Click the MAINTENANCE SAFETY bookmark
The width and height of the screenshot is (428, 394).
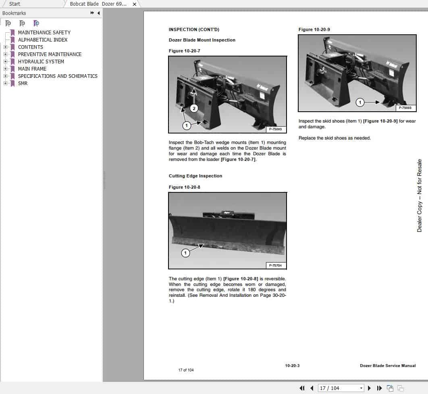pos(44,32)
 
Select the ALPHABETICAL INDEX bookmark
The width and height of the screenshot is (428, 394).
pos(43,40)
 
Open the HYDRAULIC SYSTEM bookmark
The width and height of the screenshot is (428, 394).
pos(41,61)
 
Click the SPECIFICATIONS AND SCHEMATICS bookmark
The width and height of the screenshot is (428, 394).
pos(58,76)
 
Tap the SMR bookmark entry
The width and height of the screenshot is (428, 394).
pos(23,83)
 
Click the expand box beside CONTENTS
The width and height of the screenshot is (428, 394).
pos(5,47)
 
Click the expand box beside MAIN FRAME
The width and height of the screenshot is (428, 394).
pos(5,69)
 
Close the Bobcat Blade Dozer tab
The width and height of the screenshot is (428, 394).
pos(135,4)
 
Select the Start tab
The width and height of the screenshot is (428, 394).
pos(15,4)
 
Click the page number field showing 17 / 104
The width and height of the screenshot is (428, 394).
pos(341,388)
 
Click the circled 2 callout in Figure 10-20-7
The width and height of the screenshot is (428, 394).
pos(194,108)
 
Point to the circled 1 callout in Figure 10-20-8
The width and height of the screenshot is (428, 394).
pos(185,253)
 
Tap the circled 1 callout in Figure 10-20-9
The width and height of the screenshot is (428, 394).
pos(360,102)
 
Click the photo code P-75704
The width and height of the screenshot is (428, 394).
pos(276,265)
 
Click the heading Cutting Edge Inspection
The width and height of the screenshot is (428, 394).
pos(195,176)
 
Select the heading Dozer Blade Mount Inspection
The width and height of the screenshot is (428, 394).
pos(202,40)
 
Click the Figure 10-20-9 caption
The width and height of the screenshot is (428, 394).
pos(314,29)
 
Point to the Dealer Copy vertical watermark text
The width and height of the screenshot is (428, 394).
pos(420,196)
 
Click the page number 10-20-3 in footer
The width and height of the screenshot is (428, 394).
pos(292,366)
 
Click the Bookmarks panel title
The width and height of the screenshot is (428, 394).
pos(14,13)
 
